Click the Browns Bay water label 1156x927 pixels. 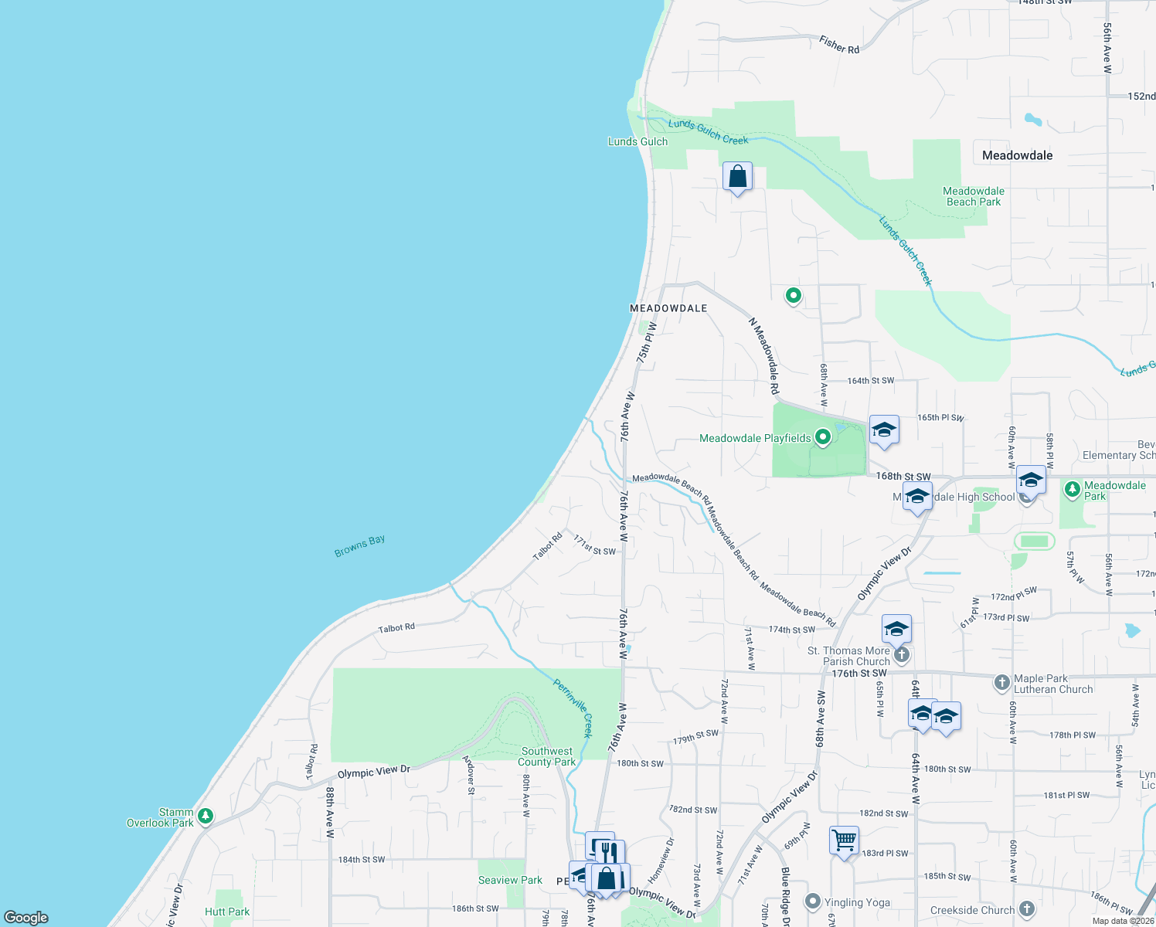(x=359, y=546)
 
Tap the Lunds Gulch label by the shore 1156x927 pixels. (x=637, y=141)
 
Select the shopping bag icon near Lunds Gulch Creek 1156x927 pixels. (x=738, y=177)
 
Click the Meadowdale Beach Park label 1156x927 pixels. (x=973, y=196)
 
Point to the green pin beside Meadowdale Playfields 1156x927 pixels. (x=823, y=437)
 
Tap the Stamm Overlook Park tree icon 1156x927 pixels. (x=205, y=816)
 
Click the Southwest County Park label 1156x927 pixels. (x=547, y=756)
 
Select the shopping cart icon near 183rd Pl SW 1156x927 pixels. (x=845, y=840)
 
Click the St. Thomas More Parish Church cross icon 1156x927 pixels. (x=901, y=656)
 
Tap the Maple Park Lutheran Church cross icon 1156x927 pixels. (x=1002, y=682)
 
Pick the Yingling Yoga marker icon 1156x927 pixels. (x=812, y=902)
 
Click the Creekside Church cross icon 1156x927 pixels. (x=1026, y=909)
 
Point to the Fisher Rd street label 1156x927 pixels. (x=839, y=46)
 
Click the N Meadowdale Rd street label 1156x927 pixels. (x=764, y=356)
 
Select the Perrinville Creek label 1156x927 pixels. (x=573, y=708)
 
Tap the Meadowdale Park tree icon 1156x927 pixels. (x=1072, y=490)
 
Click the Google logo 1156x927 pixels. (x=26, y=918)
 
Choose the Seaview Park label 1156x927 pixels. (x=510, y=880)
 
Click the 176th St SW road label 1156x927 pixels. (x=859, y=674)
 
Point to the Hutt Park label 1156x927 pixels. (x=227, y=912)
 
